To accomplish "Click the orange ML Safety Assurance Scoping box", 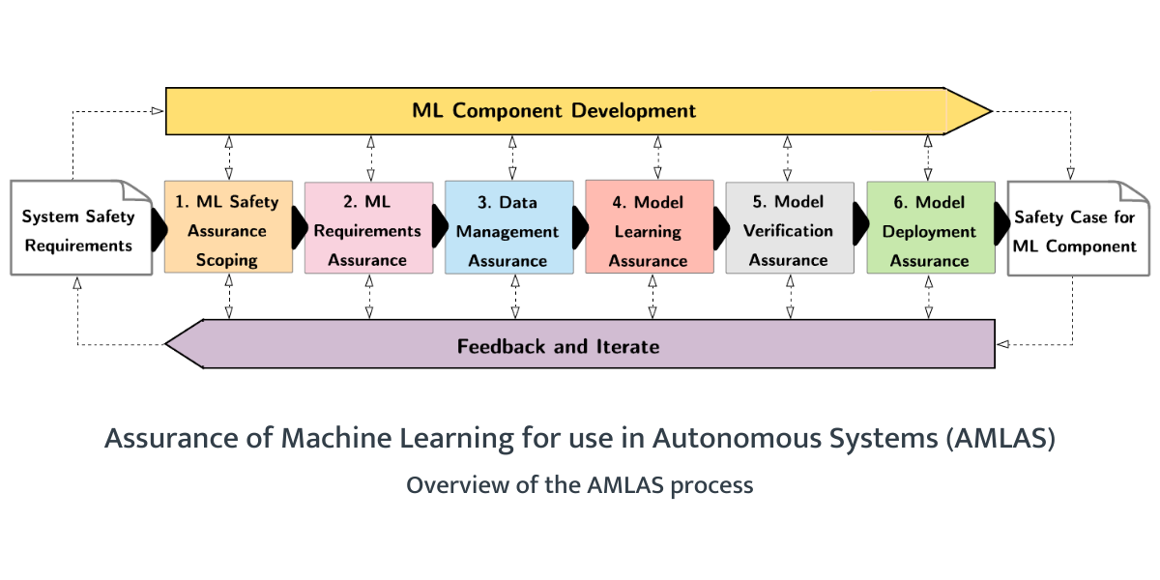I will click(228, 230).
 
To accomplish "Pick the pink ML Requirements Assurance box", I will click(368, 230).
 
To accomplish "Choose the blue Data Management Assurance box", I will click(508, 230).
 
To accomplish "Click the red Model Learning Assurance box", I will click(649, 230).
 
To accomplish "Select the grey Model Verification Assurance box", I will click(790, 230).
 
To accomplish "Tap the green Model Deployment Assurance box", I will click(930, 230).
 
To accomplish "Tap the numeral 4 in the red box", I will click(620, 202).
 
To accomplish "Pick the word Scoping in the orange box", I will click(228, 260).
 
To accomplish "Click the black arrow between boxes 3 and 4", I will click(580, 228).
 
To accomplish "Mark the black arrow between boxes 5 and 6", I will click(860, 228).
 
